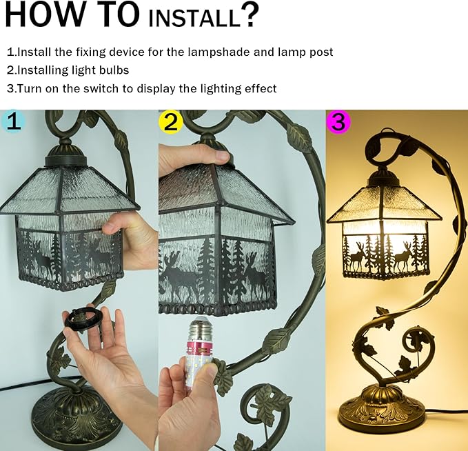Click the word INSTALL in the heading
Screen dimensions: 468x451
tap(193, 18)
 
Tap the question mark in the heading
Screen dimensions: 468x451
tap(250, 14)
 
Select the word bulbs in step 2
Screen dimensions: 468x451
tap(115, 70)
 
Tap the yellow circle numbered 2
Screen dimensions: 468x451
tap(170, 122)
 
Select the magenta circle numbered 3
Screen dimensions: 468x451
tap(338, 122)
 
